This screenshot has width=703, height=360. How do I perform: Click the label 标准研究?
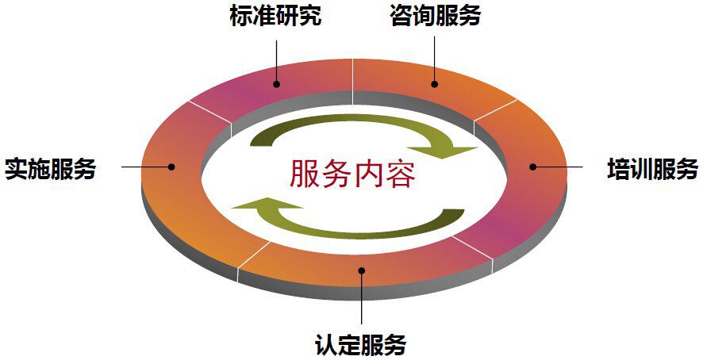point(275,17)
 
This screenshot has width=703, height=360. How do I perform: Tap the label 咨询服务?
point(435,17)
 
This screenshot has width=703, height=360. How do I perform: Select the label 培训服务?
point(652,169)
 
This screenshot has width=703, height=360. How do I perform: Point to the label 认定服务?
point(361,345)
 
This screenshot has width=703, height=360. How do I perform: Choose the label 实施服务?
point(50,169)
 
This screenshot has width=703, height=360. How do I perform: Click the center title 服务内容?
point(352,174)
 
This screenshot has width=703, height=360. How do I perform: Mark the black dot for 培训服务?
point(533,167)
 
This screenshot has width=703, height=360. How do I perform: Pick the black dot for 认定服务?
point(361,271)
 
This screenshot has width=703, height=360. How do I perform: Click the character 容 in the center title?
point(400,174)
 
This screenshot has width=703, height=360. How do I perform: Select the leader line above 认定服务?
point(361,301)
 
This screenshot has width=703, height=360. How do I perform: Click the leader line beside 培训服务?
point(560,167)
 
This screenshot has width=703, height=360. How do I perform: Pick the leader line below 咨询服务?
point(435,56)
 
